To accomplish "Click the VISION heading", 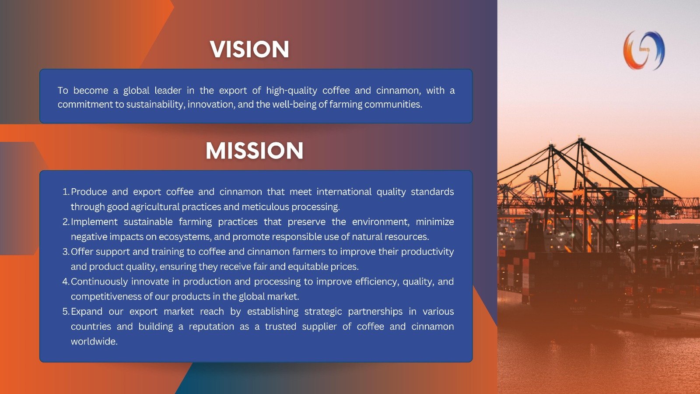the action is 249,49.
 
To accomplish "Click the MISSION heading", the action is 254,151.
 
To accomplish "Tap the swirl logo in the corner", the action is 644,50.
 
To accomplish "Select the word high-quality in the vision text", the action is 291,91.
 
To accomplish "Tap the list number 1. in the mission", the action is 66,192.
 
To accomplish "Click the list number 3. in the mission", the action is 66,252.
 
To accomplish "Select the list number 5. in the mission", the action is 66,311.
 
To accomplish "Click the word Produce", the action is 89,192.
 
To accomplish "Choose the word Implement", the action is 94,222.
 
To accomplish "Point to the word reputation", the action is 211,327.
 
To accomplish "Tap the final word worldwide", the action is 94,341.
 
